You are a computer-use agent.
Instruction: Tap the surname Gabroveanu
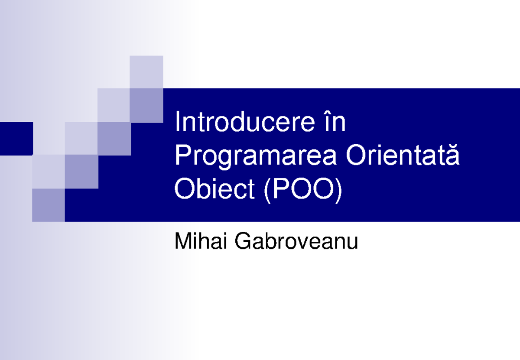(296, 241)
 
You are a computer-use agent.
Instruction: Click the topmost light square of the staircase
(146, 72)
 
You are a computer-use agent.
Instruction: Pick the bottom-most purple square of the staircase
(49, 205)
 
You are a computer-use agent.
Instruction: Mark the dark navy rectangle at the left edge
(16, 139)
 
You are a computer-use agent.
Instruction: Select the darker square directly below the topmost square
(146, 105)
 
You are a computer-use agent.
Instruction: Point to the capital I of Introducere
(177, 123)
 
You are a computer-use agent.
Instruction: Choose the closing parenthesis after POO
(338, 190)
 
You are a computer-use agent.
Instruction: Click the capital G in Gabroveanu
(242, 241)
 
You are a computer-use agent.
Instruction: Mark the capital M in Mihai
(182, 241)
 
